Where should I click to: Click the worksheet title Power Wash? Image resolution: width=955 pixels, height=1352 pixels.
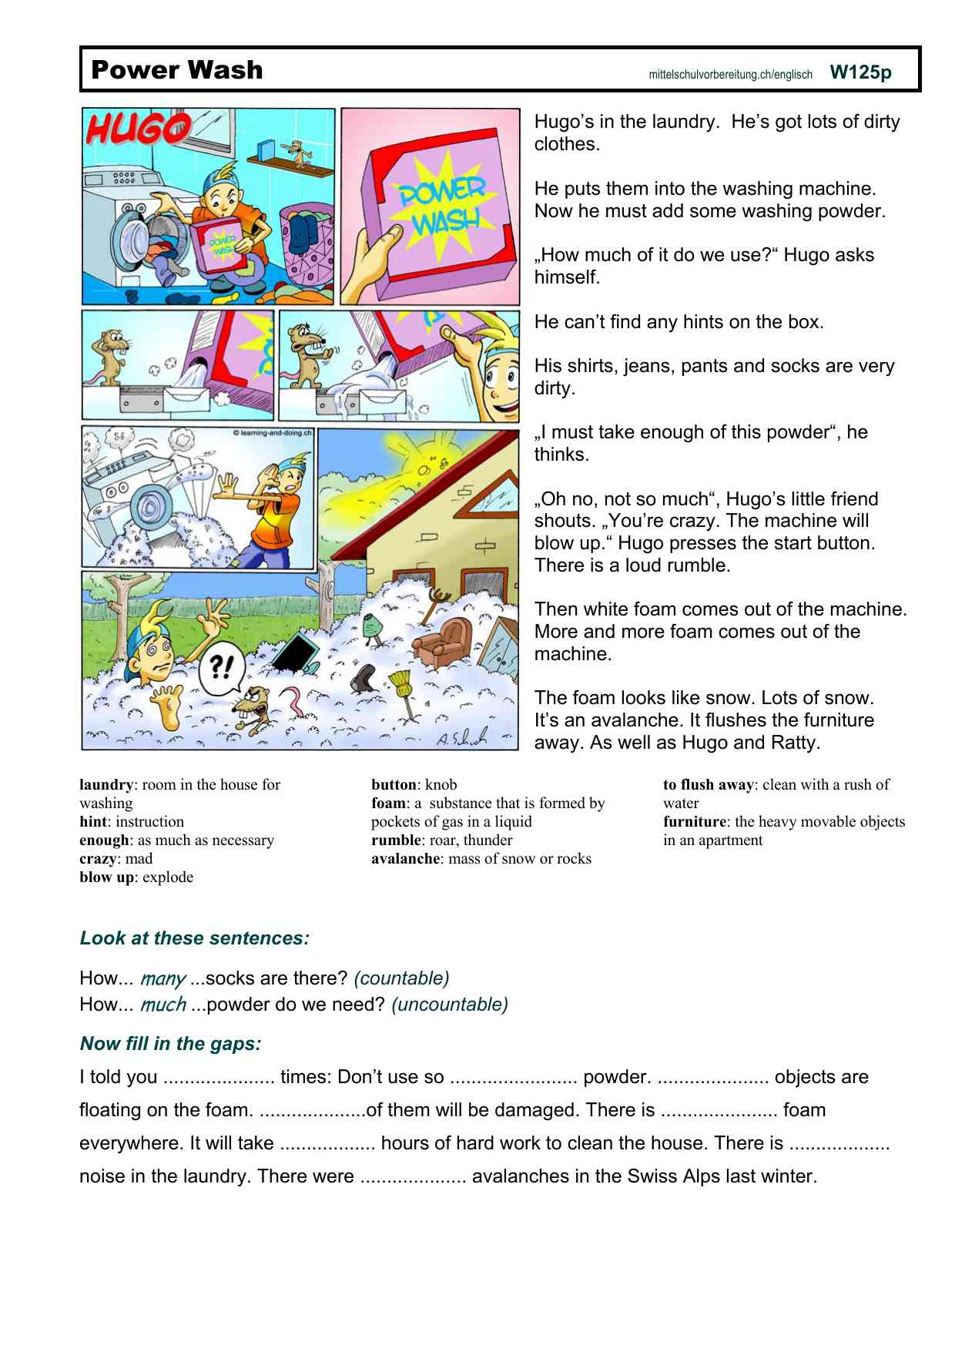(x=176, y=70)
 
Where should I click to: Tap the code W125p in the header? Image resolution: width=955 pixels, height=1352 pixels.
(x=860, y=72)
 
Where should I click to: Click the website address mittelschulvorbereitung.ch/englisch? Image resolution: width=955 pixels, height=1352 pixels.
(x=730, y=75)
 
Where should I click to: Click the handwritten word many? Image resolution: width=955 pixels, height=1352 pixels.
(x=163, y=979)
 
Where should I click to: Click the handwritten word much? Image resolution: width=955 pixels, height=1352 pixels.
(x=163, y=1005)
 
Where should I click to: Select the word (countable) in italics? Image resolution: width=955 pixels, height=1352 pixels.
(x=401, y=978)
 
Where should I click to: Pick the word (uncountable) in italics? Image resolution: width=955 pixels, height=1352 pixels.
(x=450, y=1005)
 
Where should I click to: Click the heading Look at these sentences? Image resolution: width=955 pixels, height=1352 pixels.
(x=194, y=938)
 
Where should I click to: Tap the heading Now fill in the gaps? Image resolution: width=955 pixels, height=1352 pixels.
(x=170, y=1044)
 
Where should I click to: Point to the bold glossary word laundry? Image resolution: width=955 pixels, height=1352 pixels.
(x=106, y=785)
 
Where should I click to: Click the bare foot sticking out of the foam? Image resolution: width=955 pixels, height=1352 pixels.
(x=168, y=705)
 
